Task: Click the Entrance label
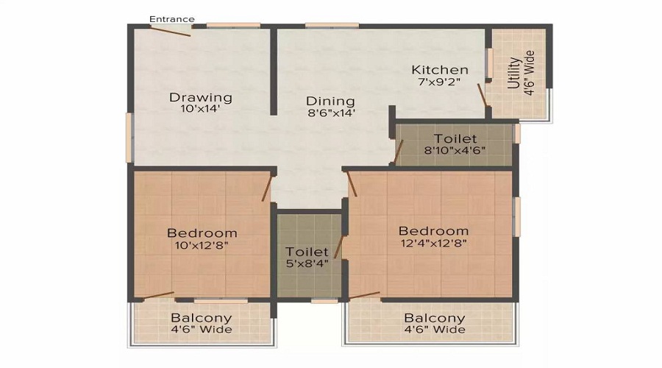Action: tap(172, 19)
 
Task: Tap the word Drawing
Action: tap(201, 97)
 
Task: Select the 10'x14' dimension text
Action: tap(201, 109)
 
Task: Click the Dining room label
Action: tap(330, 102)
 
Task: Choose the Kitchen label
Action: tap(440, 70)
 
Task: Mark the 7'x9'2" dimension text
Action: tap(439, 82)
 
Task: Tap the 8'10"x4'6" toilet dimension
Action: tap(455, 150)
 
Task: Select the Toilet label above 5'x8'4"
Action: tap(307, 252)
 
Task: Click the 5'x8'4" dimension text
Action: tap(307, 263)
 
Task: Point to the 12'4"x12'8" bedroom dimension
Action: tap(434, 242)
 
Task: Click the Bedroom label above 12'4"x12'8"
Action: tap(434, 230)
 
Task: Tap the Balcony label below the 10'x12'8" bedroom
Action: tap(202, 318)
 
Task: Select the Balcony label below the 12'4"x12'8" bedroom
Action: tap(435, 318)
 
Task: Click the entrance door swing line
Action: tap(171, 31)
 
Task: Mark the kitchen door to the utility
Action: tap(482, 96)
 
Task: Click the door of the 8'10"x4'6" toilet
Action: tap(398, 153)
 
